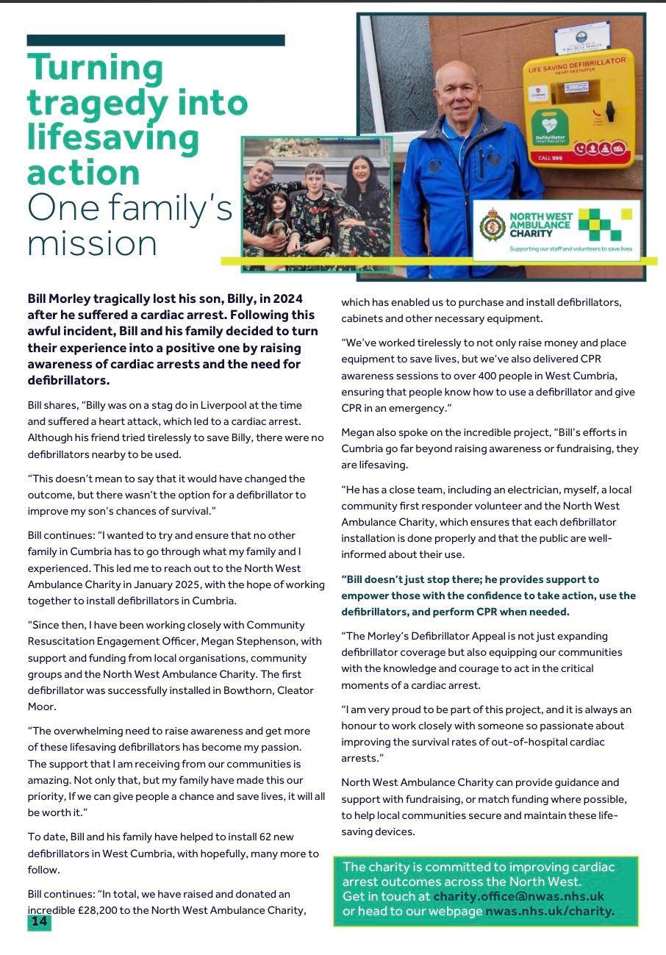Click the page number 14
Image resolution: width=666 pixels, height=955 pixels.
[39, 922]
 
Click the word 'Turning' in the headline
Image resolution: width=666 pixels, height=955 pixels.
[96, 68]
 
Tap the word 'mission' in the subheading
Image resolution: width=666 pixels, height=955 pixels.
[92, 244]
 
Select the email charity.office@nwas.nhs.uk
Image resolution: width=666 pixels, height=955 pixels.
[518, 896]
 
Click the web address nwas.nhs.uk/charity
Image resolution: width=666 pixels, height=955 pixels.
[549, 912]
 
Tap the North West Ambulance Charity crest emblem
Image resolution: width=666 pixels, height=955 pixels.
[491, 226]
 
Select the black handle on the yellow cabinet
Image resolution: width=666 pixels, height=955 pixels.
[609, 112]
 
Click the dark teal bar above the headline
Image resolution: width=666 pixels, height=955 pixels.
[156, 40]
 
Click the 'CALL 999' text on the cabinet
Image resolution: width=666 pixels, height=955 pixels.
[550, 158]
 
